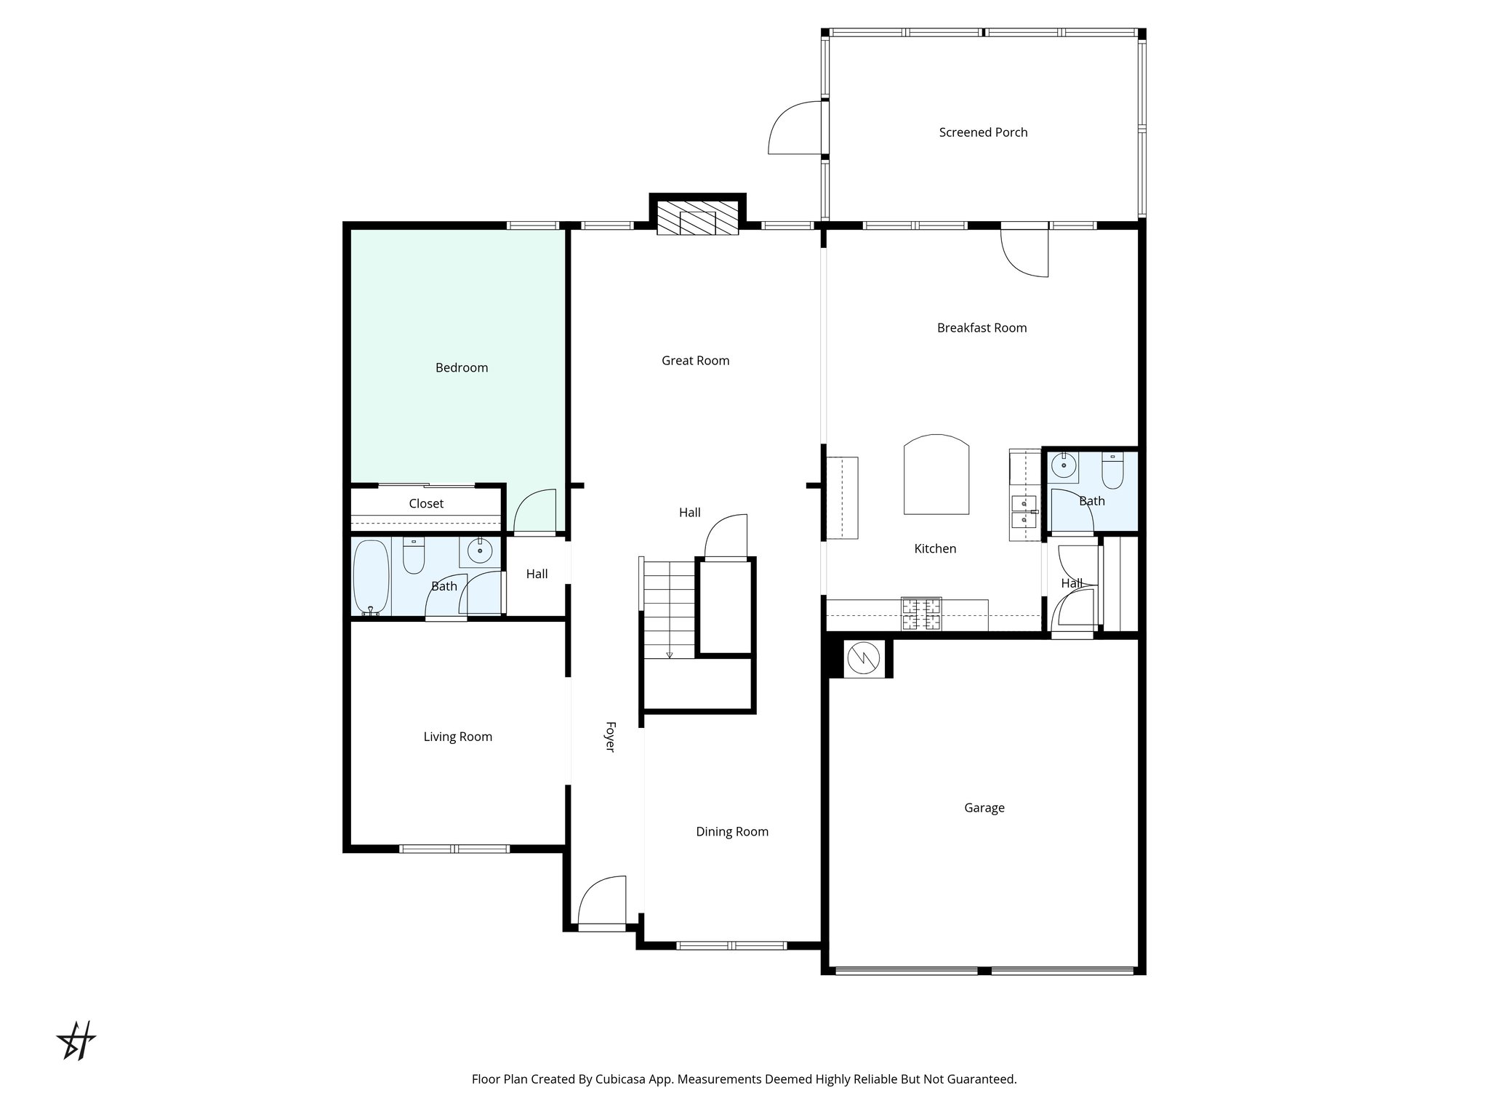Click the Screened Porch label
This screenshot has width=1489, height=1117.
pyautogui.click(x=983, y=132)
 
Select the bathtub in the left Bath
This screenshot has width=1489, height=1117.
pyautogui.click(x=371, y=577)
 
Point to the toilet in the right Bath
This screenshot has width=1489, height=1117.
pyautogui.click(x=1112, y=472)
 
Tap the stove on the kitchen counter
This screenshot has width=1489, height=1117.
pyautogui.click(x=921, y=613)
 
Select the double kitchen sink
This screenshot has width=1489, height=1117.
pyautogui.click(x=1024, y=511)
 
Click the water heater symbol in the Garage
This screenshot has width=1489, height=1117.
pyautogui.click(x=864, y=658)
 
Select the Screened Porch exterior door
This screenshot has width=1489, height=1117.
pyautogui.click(x=796, y=129)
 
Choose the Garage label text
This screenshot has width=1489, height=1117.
pyautogui.click(x=984, y=808)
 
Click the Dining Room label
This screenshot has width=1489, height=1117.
pyautogui.click(x=732, y=832)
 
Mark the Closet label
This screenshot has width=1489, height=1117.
pyautogui.click(x=426, y=504)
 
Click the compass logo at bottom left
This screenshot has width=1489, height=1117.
pyautogui.click(x=76, y=1041)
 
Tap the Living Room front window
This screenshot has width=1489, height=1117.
pyautogui.click(x=454, y=849)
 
